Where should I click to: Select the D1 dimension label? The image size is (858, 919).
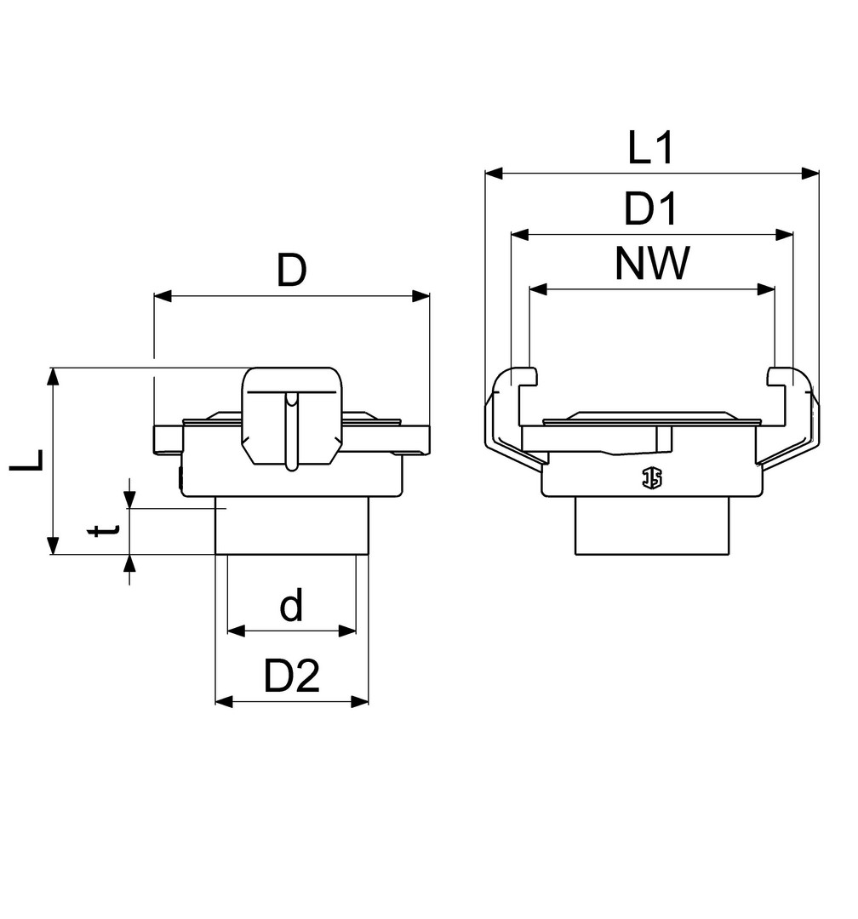click(x=650, y=208)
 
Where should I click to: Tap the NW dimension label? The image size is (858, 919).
click(x=651, y=264)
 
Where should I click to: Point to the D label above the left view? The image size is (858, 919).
click(x=291, y=271)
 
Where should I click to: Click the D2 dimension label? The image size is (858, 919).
click(x=291, y=676)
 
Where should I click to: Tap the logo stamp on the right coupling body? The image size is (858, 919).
click(x=651, y=477)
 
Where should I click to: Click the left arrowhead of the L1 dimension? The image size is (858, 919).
click(x=494, y=174)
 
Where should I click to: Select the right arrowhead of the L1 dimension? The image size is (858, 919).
click(x=810, y=174)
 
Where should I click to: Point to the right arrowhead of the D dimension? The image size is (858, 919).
click(x=420, y=296)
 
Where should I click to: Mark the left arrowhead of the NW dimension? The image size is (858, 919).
click(x=538, y=289)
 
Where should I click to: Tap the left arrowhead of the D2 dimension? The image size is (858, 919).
click(x=225, y=701)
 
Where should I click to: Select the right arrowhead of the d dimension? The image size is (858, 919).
click(x=347, y=631)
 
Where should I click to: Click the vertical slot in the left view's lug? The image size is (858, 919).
click(x=291, y=431)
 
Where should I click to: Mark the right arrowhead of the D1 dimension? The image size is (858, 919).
click(x=784, y=235)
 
